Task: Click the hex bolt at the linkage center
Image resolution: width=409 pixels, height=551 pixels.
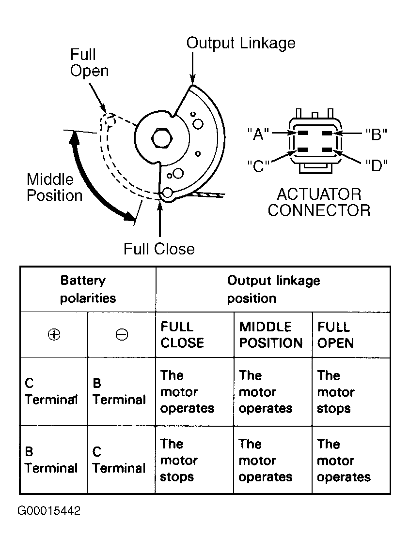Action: point(161,138)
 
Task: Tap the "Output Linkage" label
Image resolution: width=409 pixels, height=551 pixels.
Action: point(241,43)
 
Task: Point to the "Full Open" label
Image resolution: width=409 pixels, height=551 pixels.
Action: point(89,62)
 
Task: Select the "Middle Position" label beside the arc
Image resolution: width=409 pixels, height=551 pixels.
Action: point(55,187)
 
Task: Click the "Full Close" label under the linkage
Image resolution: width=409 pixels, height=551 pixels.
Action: point(159,249)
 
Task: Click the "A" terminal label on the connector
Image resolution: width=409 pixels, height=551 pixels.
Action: point(258,134)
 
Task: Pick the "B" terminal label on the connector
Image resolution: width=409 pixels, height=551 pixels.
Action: point(376,134)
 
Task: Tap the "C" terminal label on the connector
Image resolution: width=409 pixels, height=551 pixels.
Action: point(258,165)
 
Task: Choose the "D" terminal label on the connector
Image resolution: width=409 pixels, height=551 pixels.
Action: point(376,165)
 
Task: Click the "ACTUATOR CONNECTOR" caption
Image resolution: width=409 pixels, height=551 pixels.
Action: point(319,202)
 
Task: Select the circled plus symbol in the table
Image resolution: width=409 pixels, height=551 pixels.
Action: point(54,334)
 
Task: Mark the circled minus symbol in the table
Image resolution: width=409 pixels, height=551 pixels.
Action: point(122,334)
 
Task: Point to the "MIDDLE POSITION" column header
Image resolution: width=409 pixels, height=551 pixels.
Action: point(271,335)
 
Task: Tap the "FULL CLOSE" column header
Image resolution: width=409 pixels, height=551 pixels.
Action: point(182,335)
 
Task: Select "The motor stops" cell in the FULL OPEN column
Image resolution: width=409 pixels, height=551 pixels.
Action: point(335,392)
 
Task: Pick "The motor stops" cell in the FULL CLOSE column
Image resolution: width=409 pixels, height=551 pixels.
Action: point(178,461)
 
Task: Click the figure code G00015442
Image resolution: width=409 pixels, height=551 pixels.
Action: point(49,510)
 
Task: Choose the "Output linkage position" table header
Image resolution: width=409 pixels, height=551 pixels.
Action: point(273,289)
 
